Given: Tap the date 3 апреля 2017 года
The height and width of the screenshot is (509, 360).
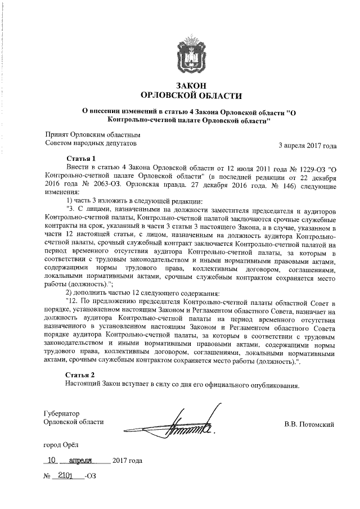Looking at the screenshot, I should point(308,146).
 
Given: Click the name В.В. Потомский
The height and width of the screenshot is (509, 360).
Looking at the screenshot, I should point(309,424).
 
